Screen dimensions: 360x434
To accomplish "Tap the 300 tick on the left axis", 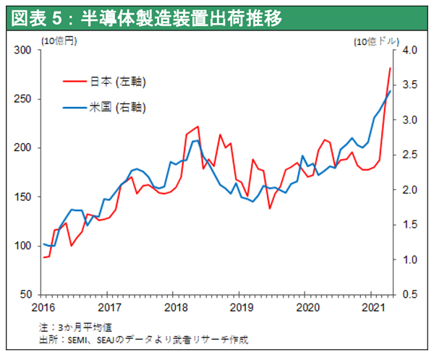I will [x=24, y=50].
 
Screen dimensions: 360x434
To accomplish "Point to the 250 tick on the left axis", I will [x=24, y=99].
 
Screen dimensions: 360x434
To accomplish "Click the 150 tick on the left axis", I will [x=24, y=197].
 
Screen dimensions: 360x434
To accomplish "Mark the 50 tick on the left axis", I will [x=27, y=295].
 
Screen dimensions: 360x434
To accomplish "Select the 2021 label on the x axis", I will [x=371, y=307].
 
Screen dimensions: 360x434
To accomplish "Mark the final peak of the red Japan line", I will [x=391, y=68].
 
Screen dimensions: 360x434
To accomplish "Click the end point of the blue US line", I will [x=391, y=91].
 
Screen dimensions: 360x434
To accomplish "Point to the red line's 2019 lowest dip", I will [x=270, y=208].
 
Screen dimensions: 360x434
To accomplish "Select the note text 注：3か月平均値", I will [x=79, y=327].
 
